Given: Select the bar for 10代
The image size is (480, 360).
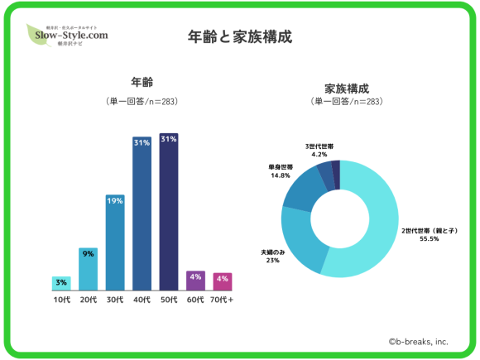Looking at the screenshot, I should point(61,283).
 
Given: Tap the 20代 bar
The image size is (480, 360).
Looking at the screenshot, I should point(88,269).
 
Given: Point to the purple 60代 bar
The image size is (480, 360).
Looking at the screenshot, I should point(195,280).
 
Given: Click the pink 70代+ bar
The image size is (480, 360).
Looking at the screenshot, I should point(223,281).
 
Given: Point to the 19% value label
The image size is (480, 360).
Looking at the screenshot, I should point(115,201).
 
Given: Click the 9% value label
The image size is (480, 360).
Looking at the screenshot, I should point(88,254).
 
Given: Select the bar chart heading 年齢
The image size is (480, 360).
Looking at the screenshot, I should point(142,84).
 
